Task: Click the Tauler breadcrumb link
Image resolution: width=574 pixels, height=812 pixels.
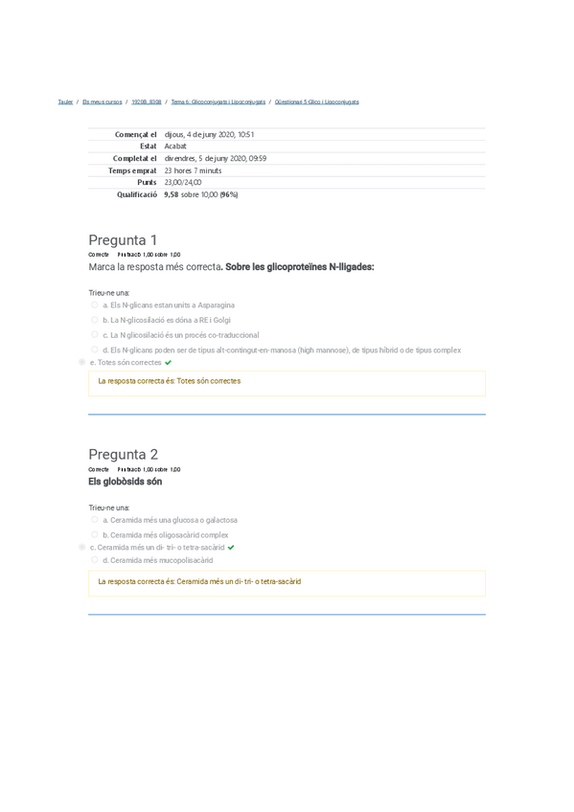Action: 65,101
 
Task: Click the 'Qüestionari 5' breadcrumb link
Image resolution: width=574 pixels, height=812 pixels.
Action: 316,101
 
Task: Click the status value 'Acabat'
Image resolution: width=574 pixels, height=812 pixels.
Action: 175,147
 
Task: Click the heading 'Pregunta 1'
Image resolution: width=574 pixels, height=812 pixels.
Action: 123,239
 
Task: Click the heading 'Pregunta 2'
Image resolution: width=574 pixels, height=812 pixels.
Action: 123,454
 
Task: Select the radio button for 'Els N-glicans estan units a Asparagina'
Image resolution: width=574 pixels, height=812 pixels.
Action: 95,304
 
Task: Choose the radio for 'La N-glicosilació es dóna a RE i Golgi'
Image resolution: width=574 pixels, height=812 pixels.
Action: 95,320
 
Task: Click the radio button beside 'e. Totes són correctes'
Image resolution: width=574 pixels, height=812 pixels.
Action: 81,363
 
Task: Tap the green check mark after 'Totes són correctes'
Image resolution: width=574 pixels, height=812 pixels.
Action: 169,363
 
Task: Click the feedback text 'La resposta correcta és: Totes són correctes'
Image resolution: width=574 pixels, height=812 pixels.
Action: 170,381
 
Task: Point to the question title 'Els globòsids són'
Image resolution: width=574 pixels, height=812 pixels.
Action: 118,482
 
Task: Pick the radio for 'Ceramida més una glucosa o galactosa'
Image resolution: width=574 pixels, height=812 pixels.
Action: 95,520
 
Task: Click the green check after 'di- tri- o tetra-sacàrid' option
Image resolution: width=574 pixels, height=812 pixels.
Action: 231,547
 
